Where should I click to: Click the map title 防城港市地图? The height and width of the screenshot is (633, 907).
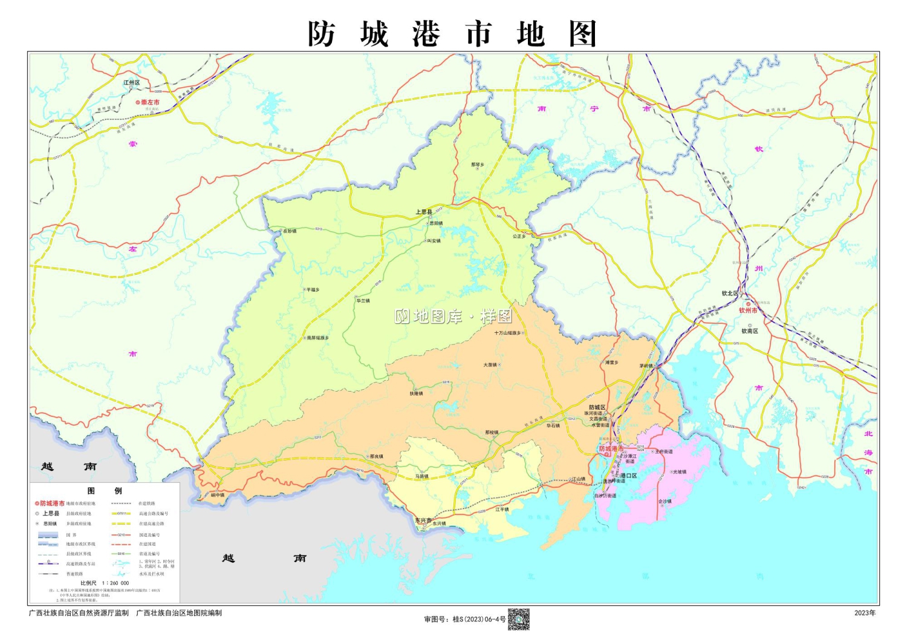pos(452,34)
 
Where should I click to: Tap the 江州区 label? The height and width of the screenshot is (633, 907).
pos(132,83)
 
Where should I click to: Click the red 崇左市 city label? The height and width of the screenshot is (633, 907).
pos(150,102)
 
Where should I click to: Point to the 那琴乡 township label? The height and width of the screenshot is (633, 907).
pos(477,165)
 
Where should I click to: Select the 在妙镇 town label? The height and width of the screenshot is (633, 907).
pos(290,231)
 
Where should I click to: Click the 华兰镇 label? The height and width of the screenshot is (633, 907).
pos(363,301)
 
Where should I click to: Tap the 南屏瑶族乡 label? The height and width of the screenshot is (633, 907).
pos(317,338)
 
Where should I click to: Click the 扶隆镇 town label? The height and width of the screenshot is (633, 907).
pos(416,393)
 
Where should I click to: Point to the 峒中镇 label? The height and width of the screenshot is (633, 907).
pos(217,495)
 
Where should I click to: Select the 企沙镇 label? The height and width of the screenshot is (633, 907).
pos(665,501)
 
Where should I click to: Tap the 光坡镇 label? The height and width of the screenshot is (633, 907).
pos(680,472)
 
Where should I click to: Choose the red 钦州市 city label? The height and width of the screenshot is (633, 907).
pos(748,310)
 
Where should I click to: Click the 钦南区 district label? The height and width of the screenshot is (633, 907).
pos(750,331)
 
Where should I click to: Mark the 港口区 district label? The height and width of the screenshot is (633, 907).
pos(628,476)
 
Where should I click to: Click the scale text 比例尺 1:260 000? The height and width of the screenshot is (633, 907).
pos(105,583)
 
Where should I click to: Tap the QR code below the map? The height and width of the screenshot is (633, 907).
pos(518,619)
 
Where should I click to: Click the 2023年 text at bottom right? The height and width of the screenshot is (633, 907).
pos(865,613)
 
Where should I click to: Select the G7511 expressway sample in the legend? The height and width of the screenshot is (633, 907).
pos(121,513)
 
